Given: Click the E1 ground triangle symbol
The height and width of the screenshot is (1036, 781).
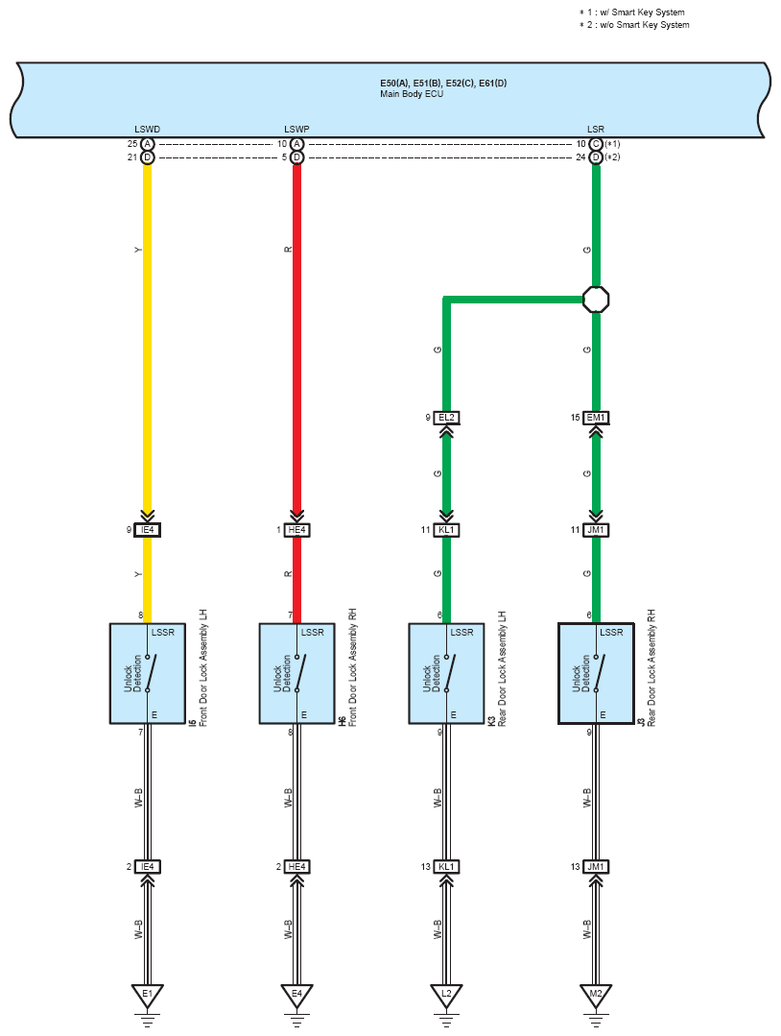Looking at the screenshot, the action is pos(147,995).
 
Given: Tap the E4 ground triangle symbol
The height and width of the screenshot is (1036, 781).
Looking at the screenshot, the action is pos(297,995).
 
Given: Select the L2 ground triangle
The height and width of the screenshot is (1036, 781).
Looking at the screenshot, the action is pos(446,995).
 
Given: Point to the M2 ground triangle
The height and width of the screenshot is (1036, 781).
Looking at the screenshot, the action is pos(596,995).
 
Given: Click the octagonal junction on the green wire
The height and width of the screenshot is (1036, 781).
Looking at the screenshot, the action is pos(596,300).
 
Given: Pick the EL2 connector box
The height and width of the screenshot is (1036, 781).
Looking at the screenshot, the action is pos(446,418).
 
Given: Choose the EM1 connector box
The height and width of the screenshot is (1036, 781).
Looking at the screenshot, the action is pos(596,418).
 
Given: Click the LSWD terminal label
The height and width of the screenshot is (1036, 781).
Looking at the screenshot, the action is pos(147,130).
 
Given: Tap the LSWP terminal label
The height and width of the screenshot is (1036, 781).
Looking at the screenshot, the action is pos(297,130).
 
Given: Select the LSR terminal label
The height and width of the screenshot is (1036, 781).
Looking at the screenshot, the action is pos(596,130).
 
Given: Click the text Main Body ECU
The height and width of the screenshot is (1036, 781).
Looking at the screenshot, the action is pos(412,94).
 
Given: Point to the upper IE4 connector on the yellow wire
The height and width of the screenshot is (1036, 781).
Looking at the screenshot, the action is pos(147,530).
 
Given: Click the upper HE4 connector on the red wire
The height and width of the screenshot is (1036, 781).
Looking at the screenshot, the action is pos(297,530).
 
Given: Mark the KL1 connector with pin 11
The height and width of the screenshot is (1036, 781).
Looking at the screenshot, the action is pos(446,530).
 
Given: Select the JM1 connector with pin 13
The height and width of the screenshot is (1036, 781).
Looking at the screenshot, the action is pos(596,866).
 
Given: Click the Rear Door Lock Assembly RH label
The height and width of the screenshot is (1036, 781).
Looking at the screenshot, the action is pos(651,668).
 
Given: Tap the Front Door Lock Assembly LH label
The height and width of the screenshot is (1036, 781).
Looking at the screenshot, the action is pos(203,668).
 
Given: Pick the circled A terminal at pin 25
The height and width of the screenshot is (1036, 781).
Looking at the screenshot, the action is pos(147,144).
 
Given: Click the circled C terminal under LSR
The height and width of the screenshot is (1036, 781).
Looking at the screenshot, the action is pos(596,144).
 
